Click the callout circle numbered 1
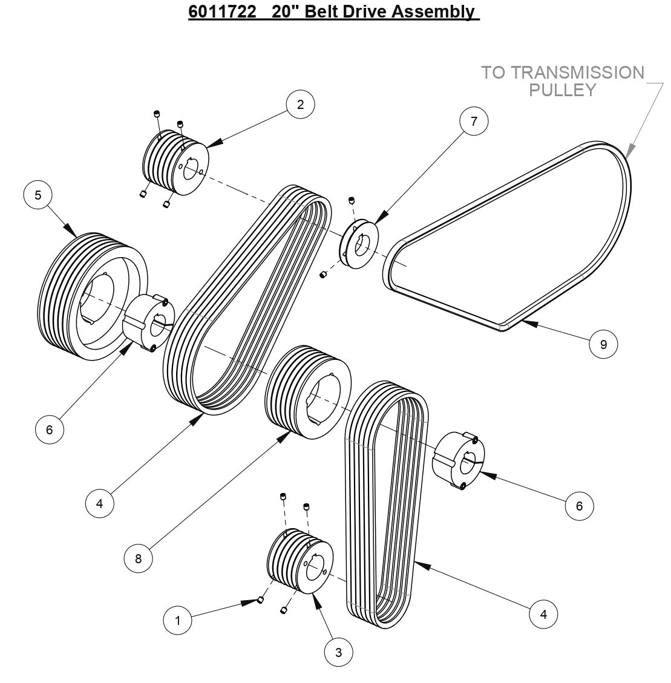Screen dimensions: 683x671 tap(177, 620)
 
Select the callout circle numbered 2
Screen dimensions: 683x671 tap(300, 105)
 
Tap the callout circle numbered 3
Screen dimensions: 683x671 tap(338, 652)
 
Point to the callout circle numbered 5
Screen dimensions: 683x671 tap(38, 195)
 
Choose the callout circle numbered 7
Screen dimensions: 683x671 tap(474, 121)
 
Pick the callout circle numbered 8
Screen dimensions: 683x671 tap(138, 558)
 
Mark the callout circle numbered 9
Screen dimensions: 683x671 tap(603, 344)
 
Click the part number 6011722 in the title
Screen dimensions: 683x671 tap(222, 11)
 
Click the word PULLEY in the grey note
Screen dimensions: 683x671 tap(563, 90)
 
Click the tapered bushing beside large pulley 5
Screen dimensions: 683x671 tap(149, 321)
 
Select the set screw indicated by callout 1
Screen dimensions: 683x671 tap(260, 600)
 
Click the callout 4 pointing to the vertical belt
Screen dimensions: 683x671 tap(543, 614)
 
